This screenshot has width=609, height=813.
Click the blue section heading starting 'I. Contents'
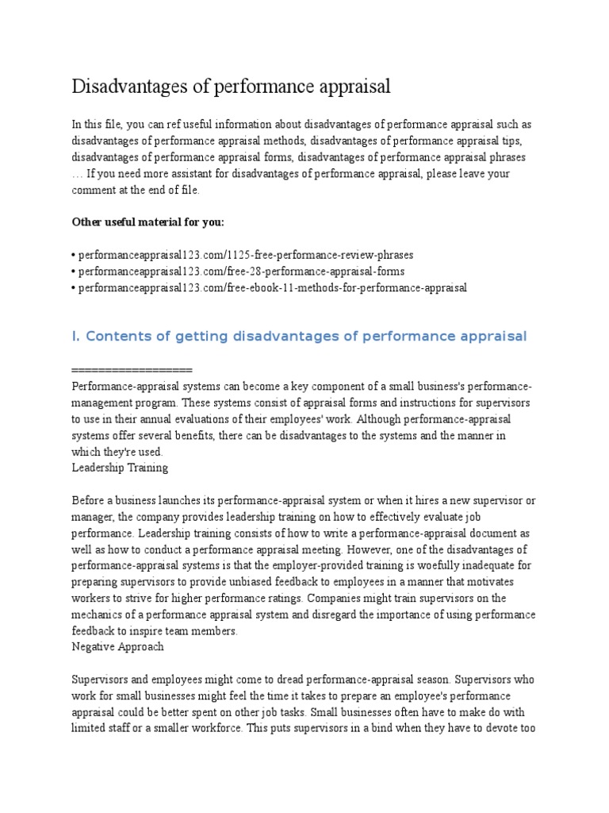[299, 337]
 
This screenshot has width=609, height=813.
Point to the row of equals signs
[132, 370]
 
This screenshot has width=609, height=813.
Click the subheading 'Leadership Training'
[119, 468]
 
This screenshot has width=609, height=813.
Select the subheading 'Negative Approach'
[117, 646]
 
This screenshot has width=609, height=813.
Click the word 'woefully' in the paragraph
[421, 565]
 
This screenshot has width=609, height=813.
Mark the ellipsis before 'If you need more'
[76, 174]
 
